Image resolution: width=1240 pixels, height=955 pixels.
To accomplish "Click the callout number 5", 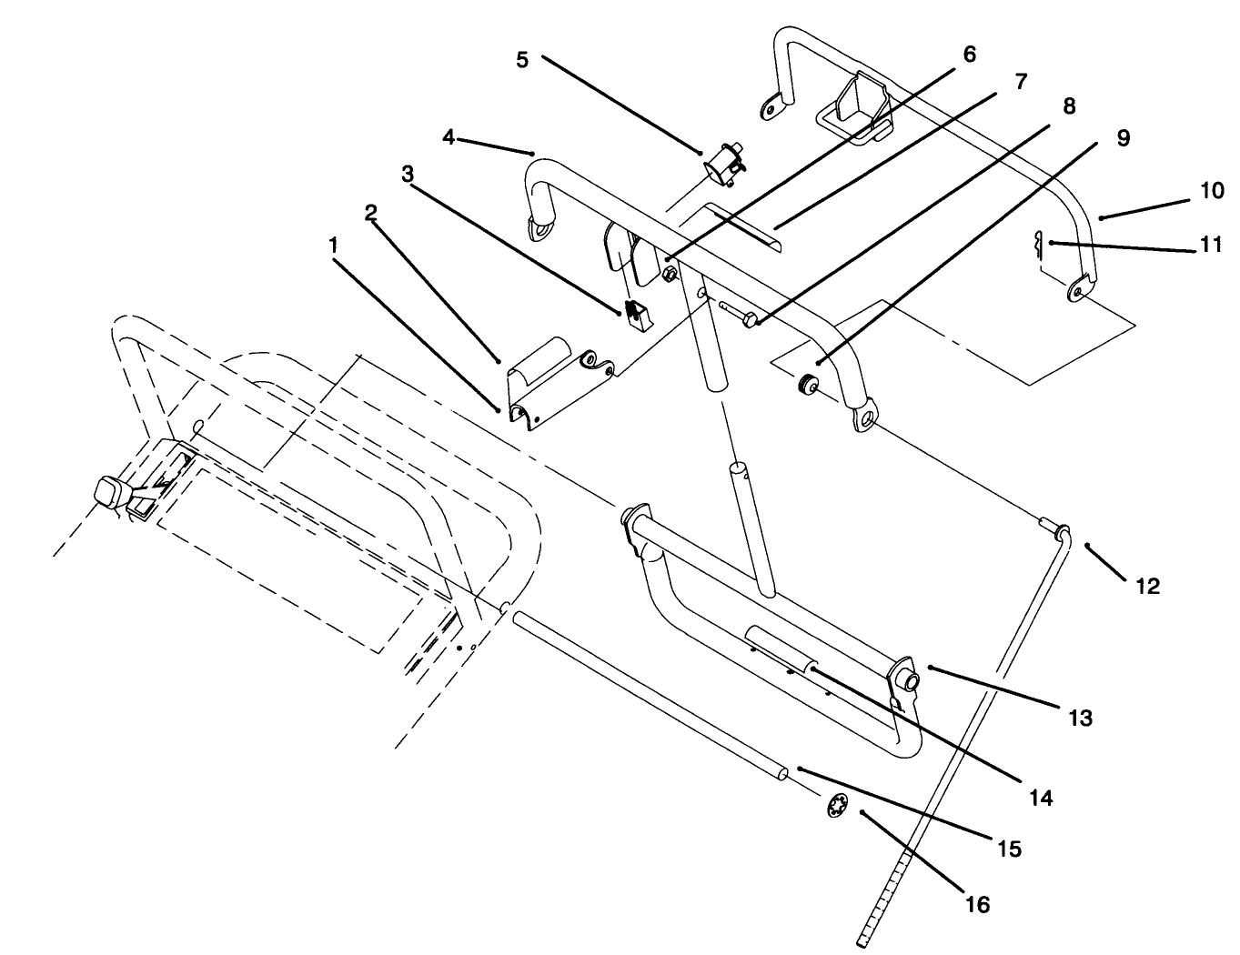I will (521, 60).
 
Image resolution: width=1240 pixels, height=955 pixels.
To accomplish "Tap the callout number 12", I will (1148, 587).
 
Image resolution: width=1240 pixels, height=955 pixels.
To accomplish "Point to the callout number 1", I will (334, 245).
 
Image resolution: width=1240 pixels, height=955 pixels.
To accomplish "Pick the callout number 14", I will (1041, 798).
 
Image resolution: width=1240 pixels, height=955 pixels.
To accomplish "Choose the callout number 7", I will (1020, 82).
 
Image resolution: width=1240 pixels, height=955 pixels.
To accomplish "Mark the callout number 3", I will (408, 172).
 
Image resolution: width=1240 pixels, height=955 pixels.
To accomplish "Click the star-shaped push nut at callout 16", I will (836, 806).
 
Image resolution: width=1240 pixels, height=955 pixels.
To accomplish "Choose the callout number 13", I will (1079, 718).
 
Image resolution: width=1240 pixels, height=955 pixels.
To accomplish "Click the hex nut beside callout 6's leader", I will (670, 273).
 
